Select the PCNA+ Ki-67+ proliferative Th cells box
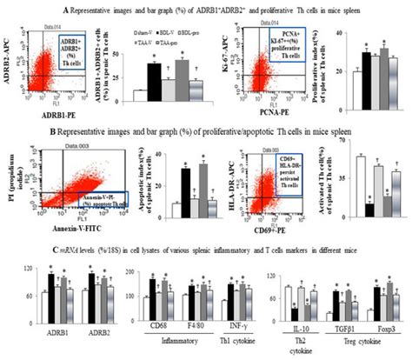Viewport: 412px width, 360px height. coord(296,49)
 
